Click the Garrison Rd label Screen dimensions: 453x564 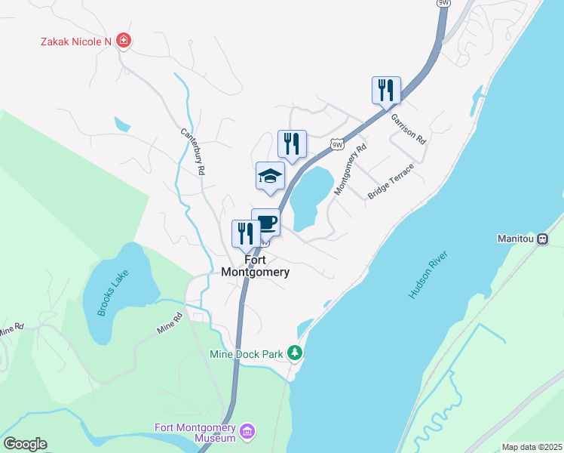408,128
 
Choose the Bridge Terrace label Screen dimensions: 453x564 391,181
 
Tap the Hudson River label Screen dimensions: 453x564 428,276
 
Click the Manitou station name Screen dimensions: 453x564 516,239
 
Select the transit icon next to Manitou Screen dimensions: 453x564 541,239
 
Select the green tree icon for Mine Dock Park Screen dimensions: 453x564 297,353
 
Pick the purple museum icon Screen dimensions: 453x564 247,433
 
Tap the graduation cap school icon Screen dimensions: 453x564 270,177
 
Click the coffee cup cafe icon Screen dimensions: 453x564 266,223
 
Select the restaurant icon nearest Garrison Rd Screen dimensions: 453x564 386,90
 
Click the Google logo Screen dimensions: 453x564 25,444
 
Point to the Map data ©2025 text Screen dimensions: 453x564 531,447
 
